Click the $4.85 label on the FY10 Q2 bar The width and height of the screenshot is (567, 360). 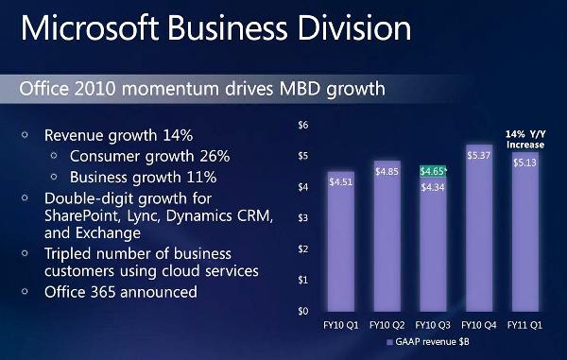pos(387,171)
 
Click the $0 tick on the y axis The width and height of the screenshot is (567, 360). pos(304,311)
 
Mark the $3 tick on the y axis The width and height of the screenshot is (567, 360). pos(304,218)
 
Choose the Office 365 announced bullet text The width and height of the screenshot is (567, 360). pos(120,292)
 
